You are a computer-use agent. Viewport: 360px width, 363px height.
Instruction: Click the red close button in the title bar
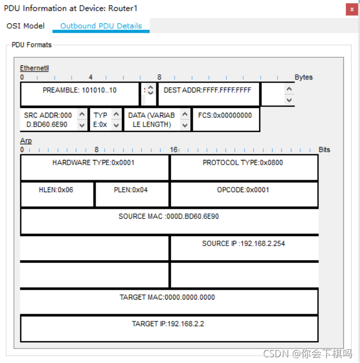coord(350,9)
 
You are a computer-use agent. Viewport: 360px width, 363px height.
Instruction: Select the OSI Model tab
coord(25,26)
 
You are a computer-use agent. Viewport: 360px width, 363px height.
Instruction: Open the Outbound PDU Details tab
coord(101,26)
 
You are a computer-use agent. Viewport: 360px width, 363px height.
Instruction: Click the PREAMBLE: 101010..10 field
coord(79,90)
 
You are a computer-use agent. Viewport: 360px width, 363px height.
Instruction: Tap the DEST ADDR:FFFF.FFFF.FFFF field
coord(207,90)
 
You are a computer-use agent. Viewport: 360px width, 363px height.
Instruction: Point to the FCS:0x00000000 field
coord(225,116)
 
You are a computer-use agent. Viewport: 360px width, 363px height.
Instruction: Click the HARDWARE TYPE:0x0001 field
coord(95,163)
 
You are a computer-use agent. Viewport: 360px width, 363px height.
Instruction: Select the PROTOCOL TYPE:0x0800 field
coord(243,163)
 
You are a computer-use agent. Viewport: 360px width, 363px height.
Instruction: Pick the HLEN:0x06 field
coord(56,190)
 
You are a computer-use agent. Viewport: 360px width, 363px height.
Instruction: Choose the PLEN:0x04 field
coord(131,190)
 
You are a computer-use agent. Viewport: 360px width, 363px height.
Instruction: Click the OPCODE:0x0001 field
coord(243,190)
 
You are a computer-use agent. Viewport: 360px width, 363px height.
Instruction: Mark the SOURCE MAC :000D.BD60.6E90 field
coord(169,217)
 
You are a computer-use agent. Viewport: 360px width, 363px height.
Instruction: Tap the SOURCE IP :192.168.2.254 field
coord(244,244)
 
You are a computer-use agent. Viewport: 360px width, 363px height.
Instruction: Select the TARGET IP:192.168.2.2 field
coord(168,324)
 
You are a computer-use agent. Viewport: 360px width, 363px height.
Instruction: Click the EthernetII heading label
coord(34,68)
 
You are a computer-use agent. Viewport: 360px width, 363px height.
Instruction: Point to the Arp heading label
coord(26,141)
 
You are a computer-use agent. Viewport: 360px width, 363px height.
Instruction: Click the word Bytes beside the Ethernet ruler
coord(304,77)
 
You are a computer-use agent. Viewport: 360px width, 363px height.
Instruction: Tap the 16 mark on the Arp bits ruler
coord(174,150)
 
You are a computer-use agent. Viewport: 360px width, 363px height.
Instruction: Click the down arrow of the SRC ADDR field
coord(82,125)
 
